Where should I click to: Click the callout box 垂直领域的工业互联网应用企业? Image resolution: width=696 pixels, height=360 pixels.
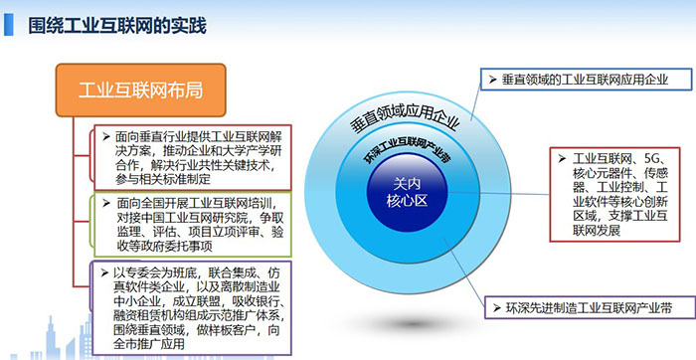574,79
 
